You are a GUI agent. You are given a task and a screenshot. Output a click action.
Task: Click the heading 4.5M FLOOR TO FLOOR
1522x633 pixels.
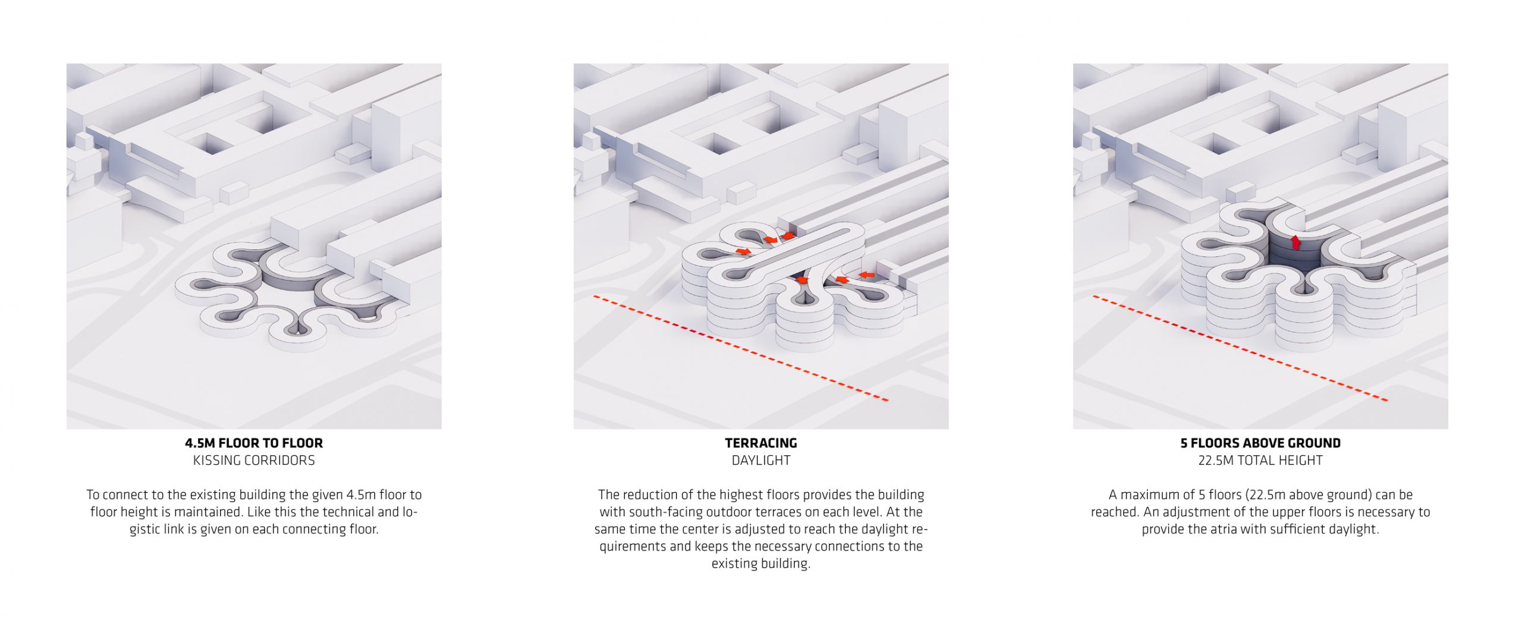tap(254, 443)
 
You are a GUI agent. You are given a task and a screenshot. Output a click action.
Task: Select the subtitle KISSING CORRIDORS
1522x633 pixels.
tap(254, 460)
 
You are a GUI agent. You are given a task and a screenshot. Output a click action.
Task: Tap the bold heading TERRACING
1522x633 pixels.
tap(761, 443)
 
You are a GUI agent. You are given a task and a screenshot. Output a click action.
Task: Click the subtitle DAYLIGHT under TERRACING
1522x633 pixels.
tap(761, 460)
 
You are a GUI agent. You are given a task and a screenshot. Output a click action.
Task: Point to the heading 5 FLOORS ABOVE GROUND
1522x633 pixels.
tap(1260, 443)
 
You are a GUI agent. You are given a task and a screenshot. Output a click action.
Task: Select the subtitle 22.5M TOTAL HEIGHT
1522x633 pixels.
tap(1260, 460)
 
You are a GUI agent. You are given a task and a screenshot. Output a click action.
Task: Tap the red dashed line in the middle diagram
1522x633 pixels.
tap(740, 348)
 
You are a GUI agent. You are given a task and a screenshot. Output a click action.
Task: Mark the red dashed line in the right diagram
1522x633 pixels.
tap(1240, 348)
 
